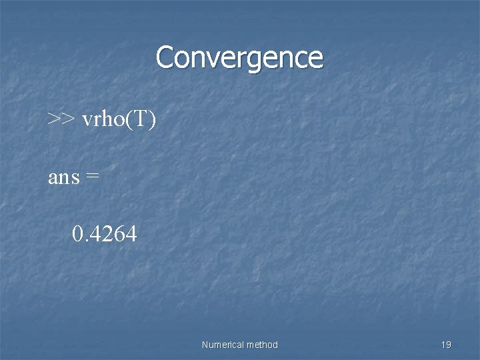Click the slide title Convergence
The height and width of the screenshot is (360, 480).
(239, 57)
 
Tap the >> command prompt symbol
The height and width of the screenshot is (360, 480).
(61, 119)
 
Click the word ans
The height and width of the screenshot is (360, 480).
(64, 177)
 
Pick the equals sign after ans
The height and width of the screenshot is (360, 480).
(93, 177)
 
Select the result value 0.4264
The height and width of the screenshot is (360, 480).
(105, 234)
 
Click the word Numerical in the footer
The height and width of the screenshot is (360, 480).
(222, 345)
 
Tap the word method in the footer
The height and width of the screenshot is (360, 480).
(262, 345)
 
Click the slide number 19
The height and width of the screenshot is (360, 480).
(446, 345)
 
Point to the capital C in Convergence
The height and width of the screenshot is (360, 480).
(165, 57)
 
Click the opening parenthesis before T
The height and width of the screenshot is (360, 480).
(131, 120)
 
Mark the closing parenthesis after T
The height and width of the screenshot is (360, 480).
(153, 120)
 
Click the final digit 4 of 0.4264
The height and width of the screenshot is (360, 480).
(131, 234)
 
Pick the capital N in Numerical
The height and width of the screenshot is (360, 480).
(204, 345)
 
